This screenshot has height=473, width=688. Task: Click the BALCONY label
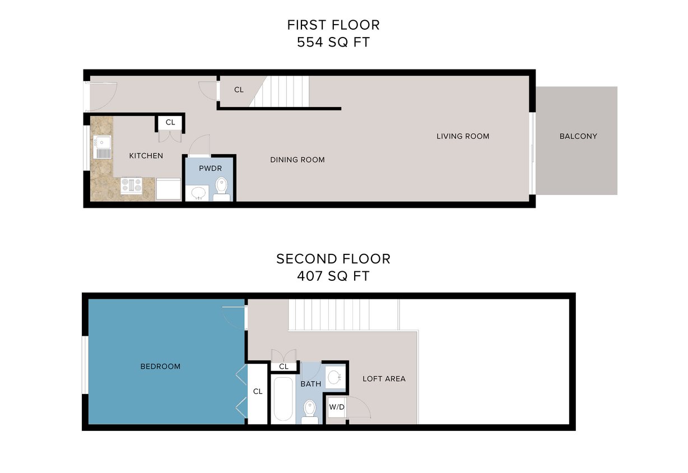click(x=578, y=136)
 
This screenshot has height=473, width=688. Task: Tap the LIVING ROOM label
click(x=463, y=136)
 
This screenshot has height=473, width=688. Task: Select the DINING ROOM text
click(x=297, y=160)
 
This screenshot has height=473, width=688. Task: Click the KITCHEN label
click(x=146, y=156)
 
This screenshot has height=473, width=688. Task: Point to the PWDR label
click(x=210, y=168)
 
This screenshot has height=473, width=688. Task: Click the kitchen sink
click(x=103, y=147)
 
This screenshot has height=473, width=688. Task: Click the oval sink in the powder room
click(x=198, y=193)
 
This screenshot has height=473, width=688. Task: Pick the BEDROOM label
click(x=160, y=367)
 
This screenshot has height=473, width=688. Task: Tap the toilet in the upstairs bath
click(x=310, y=412)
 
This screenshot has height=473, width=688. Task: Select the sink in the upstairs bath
click(x=335, y=377)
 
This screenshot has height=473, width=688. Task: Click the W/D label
click(x=337, y=407)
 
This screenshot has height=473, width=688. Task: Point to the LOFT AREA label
click(x=384, y=379)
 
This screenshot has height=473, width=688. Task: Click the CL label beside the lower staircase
click(x=239, y=90)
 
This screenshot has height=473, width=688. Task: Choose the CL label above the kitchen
click(x=170, y=122)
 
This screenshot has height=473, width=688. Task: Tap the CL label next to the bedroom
click(x=258, y=392)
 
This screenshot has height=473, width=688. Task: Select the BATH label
click(x=311, y=384)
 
